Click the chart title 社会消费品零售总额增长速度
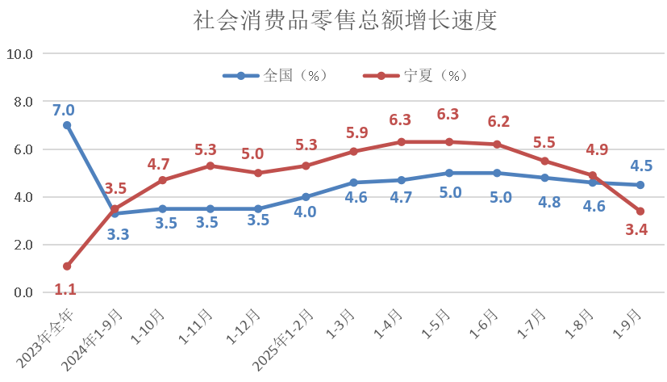[334, 21]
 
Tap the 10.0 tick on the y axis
[19, 54]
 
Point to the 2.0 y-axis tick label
[19, 245]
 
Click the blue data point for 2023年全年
[67, 125]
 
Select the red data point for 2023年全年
[67, 266]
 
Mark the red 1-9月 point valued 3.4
[640, 212]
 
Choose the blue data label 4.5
[642, 166]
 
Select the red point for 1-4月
[401, 142]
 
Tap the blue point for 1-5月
[449, 173]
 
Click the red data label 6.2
[498, 122]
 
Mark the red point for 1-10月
[163, 180]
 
